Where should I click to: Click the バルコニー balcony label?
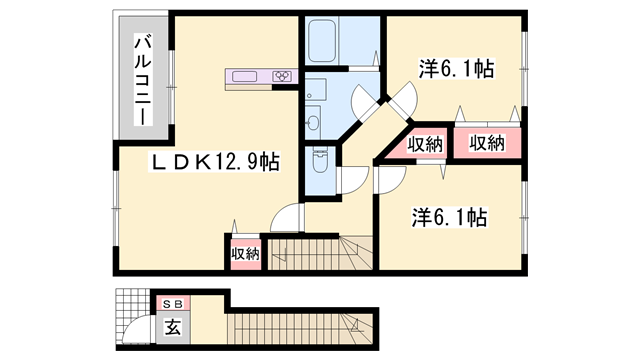[142, 80]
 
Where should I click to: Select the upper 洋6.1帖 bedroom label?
[456, 70]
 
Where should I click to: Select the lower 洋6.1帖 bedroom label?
[447, 216]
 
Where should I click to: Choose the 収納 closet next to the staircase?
[245, 254]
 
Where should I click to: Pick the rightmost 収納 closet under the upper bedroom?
[488, 143]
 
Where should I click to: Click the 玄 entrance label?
[171, 325]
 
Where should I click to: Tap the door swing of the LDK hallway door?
[283, 217]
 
